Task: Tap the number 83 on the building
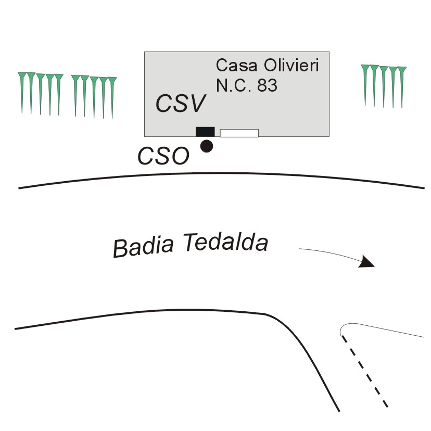267,85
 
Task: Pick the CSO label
163,156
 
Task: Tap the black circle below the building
207,146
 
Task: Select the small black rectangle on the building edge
205,132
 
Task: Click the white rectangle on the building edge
239,133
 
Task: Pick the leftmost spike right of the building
365,83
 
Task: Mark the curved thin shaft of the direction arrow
328,250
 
